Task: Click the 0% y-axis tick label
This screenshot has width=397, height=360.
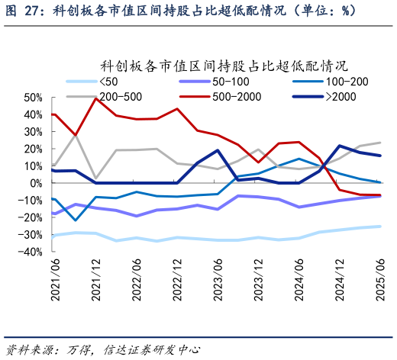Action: pyautogui.click(x=36, y=183)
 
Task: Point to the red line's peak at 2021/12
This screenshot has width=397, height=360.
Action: pyautogui.click(x=95, y=98)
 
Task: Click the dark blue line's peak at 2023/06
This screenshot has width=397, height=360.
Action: pyautogui.click(x=218, y=150)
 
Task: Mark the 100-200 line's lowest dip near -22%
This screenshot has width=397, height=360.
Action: pyautogui.click(x=75, y=220)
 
